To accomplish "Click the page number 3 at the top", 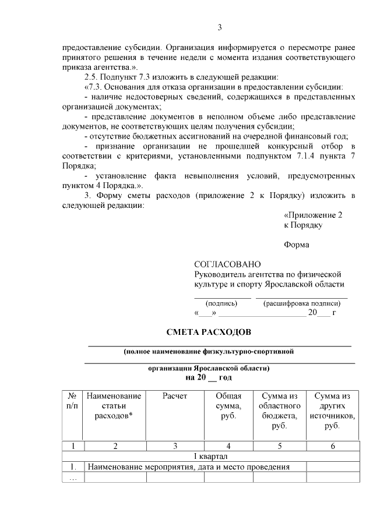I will (220, 27).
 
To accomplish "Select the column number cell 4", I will (228, 446).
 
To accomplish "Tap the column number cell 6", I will (332, 446).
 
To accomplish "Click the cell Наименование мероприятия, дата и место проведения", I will (188, 467).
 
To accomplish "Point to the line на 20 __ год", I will (209, 377).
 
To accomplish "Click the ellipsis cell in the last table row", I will (73, 478).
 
